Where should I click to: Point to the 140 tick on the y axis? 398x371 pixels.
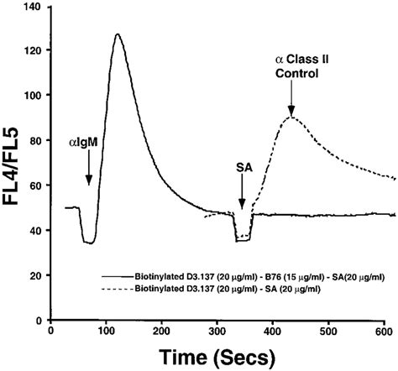click(x=34, y=8)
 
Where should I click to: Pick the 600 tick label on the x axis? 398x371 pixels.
click(x=383, y=332)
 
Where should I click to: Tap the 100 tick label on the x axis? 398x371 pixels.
click(x=107, y=332)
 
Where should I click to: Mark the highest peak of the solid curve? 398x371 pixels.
click(x=118, y=35)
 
